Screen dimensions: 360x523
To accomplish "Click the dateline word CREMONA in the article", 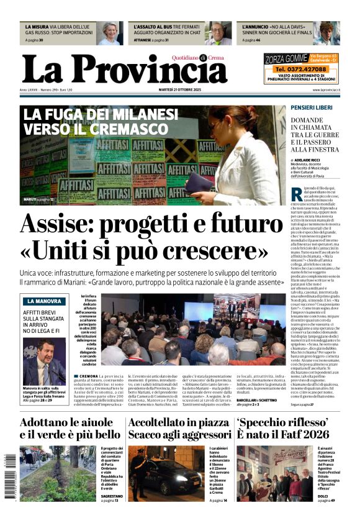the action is (x=88, y=376).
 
